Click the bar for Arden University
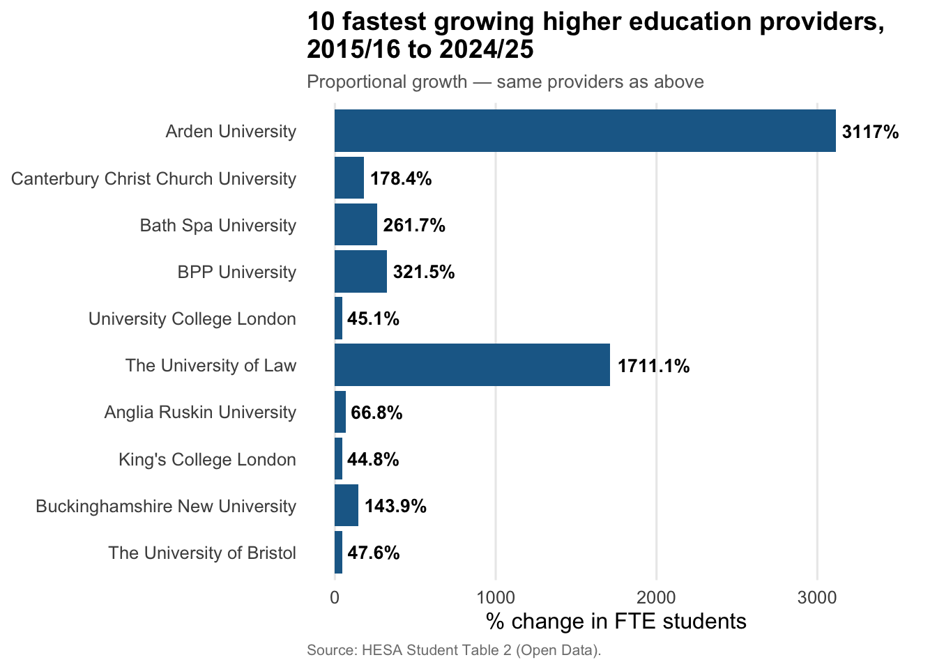coord(584,131)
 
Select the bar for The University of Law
coord(472,365)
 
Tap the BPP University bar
coord(360,272)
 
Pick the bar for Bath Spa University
coord(356,225)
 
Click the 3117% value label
coord(870,132)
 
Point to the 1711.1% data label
coord(653,366)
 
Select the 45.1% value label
coord(373,319)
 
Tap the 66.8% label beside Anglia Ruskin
coord(376,413)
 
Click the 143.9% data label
coord(395,507)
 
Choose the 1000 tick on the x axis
coord(495,597)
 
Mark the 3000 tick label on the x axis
coord(817,597)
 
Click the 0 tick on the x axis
coord(335,597)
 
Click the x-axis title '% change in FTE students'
coord(616,621)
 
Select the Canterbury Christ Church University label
coord(153,178)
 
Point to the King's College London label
coord(207,459)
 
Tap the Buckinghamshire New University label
coord(166,506)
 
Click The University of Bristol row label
coord(202,553)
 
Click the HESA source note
coord(454,650)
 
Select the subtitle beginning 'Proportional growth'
coord(505,82)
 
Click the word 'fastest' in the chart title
coord(382,22)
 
